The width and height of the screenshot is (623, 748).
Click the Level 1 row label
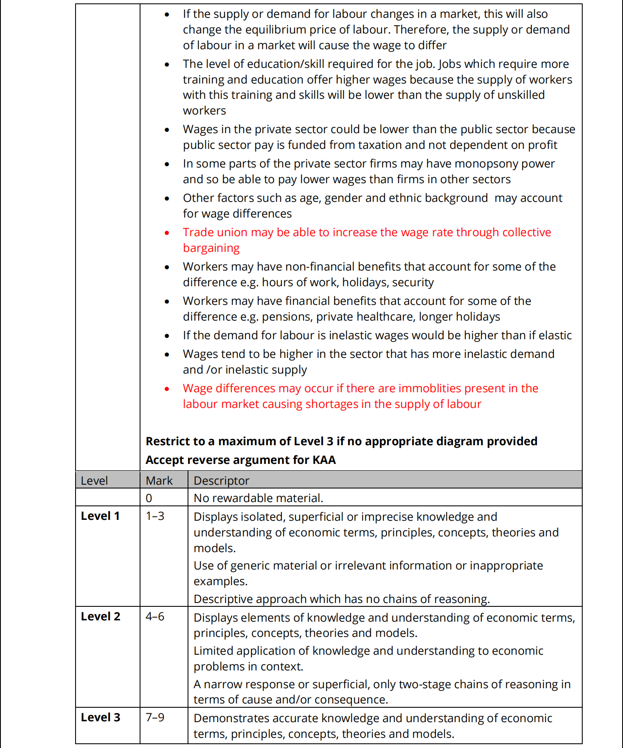tap(100, 516)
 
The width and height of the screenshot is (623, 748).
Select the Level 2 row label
tap(101, 617)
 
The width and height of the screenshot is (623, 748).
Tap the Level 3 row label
tap(101, 717)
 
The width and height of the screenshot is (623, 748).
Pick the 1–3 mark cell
tap(155, 516)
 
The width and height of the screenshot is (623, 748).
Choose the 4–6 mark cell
tap(155, 617)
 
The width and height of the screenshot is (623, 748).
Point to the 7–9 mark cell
tap(155, 717)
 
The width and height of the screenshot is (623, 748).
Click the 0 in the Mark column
tap(149, 498)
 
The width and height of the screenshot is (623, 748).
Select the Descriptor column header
tap(222, 481)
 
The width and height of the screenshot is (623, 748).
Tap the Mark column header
tap(159, 481)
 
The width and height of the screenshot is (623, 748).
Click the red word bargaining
tap(211, 248)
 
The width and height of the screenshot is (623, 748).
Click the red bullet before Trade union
tap(167, 233)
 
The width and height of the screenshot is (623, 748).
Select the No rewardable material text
tap(258, 498)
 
